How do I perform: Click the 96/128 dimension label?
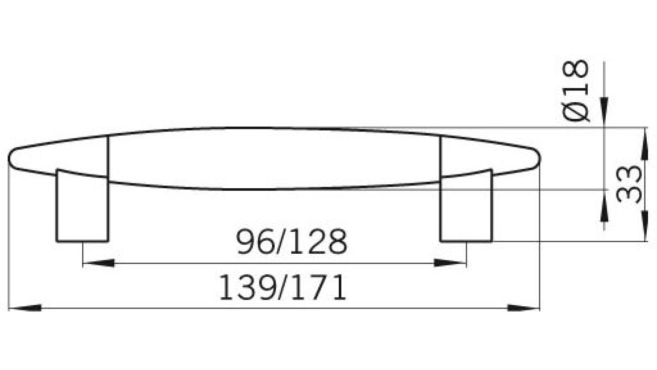[x=292, y=242]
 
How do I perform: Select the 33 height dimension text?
[x=629, y=184]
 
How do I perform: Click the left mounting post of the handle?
[x=82, y=208]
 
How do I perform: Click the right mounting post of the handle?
[x=466, y=208]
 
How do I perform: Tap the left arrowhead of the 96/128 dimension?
[x=99, y=263]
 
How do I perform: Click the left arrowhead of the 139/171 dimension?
[x=25, y=308]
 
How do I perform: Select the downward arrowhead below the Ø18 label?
[x=604, y=111]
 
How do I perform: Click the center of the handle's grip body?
[x=274, y=159]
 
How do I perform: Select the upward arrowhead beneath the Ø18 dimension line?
[x=604, y=210]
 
